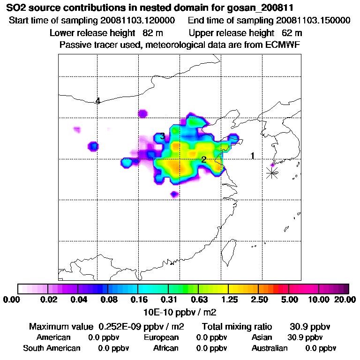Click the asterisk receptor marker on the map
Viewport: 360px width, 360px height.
272,172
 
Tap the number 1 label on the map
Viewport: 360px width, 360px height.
253,156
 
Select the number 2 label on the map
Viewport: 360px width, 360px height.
203,159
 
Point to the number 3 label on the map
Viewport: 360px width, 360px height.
162,136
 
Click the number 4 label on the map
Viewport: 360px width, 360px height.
97,101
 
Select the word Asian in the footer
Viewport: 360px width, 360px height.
262,337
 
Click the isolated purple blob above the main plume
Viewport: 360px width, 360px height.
142,113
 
